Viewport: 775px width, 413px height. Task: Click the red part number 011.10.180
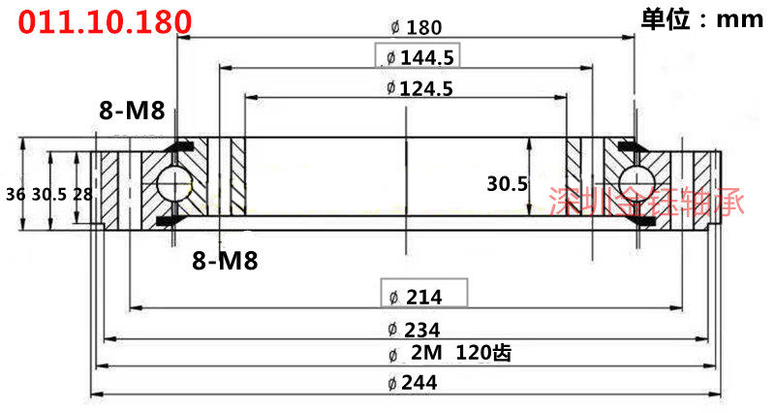tap(105, 21)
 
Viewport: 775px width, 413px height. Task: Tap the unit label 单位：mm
tap(701, 19)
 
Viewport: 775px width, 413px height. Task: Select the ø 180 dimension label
tap(417, 27)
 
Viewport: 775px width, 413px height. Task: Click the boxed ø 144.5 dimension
tap(418, 56)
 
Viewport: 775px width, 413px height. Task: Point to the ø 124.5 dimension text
tap(419, 88)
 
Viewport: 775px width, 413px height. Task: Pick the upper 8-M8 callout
tap(132, 110)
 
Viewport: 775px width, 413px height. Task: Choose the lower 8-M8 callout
tap(225, 260)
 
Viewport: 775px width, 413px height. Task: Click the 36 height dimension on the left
tap(15, 195)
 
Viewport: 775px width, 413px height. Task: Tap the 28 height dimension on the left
tap(82, 195)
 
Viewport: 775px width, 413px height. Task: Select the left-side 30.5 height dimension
tap(49, 195)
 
